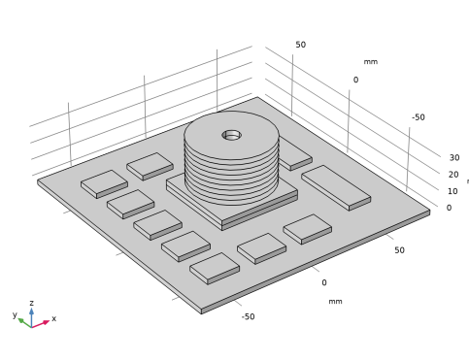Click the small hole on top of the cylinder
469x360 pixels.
(x=231, y=135)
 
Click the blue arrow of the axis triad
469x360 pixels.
(x=31, y=312)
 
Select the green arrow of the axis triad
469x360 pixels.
(x=21, y=320)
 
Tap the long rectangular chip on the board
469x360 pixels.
(x=335, y=185)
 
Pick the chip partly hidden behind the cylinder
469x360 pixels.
(x=294, y=155)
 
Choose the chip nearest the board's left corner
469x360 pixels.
(x=103, y=182)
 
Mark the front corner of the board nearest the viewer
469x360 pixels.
(x=201, y=311)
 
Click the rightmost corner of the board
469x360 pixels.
(x=429, y=212)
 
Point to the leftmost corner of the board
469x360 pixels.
(x=39, y=180)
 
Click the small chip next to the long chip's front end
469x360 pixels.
(x=307, y=228)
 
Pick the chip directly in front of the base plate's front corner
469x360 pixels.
(x=261, y=246)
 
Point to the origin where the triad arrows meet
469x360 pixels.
(x=32, y=325)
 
